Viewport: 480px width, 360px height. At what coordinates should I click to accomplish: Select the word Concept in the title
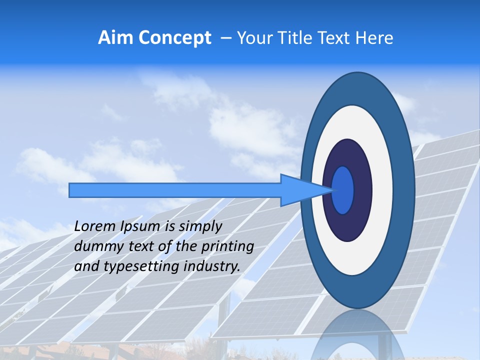174,37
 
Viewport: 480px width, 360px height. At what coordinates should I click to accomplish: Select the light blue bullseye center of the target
343,190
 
